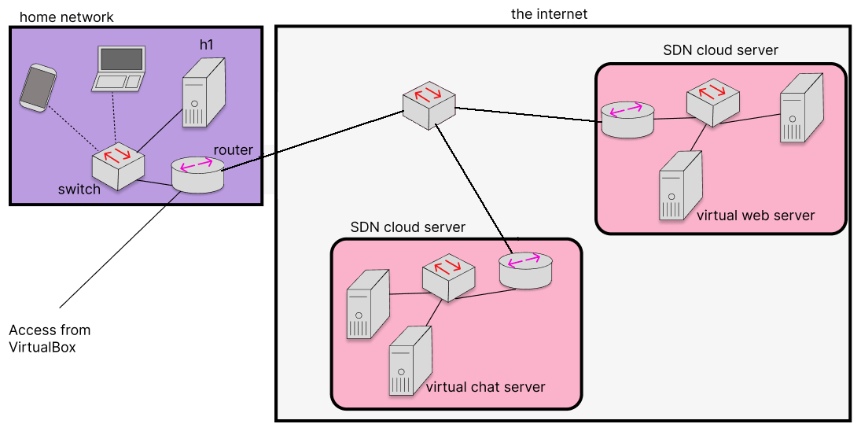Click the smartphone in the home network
pyautogui.click(x=38, y=88)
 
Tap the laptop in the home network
pyautogui.click(x=119, y=68)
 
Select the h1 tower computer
pyautogui.click(x=204, y=92)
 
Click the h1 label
pyautogui.click(x=206, y=45)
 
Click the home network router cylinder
pyautogui.click(x=197, y=175)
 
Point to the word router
pyautogui.click(x=234, y=150)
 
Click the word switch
pyautogui.click(x=79, y=190)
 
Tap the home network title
pyautogui.click(x=66, y=17)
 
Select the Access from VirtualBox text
pyautogui.click(x=50, y=338)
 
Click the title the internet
pyautogui.click(x=549, y=13)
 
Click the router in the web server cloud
pyautogui.click(x=628, y=119)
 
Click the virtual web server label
pyautogui.click(x=756, y=216)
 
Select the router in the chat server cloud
pyautogui.click(x=525, y=271)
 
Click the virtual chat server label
pyautogui.click(x=485, y=387)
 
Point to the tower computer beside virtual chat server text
pyautogui.click(x=410, y=360)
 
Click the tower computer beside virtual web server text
pyautogui.click(x=681, y=186)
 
